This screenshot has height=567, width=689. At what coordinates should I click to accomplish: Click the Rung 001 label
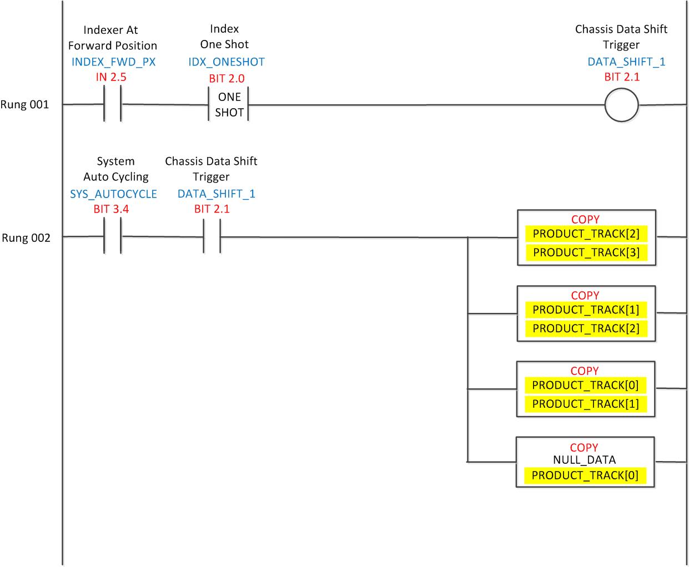coord(25,104)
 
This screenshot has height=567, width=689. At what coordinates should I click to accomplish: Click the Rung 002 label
coord(26,238)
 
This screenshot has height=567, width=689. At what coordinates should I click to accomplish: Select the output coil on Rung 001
coord(621,104)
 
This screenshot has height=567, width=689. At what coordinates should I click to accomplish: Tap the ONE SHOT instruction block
coord(229,104)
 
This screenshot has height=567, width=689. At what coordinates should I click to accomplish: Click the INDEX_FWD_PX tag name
coord(113,62)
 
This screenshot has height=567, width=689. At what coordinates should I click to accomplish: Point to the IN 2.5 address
coord(110,77)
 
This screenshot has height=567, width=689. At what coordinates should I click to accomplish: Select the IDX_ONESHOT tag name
coord(226,62)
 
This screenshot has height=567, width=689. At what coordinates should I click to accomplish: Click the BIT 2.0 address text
coord(226,78)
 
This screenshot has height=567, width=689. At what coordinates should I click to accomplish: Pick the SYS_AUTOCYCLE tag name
coord(113,194)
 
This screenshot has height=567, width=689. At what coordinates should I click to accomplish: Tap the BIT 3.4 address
coord(111,209)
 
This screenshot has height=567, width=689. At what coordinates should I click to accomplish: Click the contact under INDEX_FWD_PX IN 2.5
coord(113,104)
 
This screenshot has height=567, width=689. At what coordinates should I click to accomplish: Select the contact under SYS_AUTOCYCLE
coord(113,237)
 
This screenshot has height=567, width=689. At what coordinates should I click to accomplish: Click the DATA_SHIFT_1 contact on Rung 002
coord(212,237)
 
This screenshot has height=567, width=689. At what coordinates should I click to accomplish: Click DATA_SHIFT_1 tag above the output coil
coord(626,62)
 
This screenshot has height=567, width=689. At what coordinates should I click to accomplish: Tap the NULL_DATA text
coord(584,459)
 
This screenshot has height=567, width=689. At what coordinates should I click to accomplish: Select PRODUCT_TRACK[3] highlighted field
coord(586,252)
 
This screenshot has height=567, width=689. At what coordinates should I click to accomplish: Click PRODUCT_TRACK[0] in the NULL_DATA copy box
coord(585,475)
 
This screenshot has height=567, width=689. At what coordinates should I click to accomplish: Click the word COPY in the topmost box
coord(585,219)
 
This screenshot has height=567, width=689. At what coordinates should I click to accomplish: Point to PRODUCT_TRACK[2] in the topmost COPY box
coord(586,234)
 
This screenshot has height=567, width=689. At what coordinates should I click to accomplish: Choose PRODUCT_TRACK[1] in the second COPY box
coord(586,310)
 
